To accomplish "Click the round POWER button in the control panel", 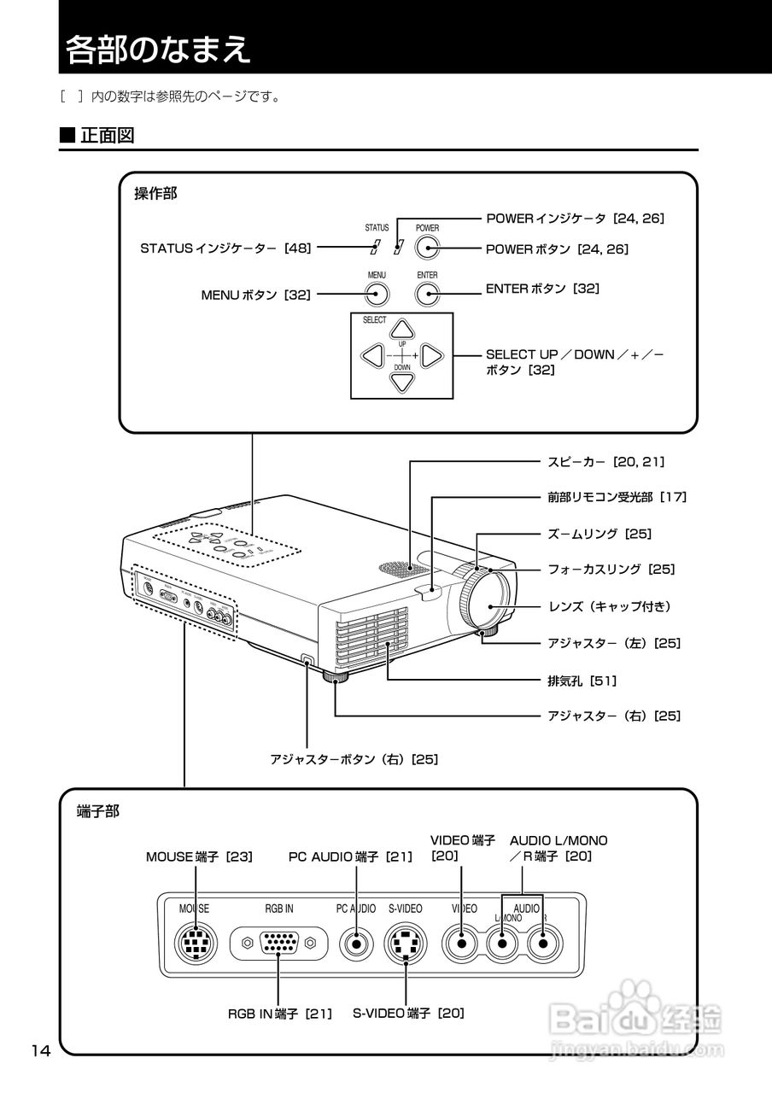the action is point(428,248).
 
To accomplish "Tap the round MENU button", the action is point(377,295).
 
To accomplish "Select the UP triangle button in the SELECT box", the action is point(402,330).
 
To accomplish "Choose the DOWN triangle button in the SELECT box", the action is point(402,381).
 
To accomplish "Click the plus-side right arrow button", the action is point(431,355).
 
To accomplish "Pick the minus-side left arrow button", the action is point(371,355).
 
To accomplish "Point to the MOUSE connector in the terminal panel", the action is point(196,944).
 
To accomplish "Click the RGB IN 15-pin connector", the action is point(279,944).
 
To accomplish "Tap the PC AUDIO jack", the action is point(356,944).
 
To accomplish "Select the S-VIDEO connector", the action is point(406,944).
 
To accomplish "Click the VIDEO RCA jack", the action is point(462,944).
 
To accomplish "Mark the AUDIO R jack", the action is point(543,944).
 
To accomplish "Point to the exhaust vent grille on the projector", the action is point(371,636).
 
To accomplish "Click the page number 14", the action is point(42,1051).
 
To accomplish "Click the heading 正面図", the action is point(108,135).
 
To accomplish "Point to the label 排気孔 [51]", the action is point(582,681).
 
